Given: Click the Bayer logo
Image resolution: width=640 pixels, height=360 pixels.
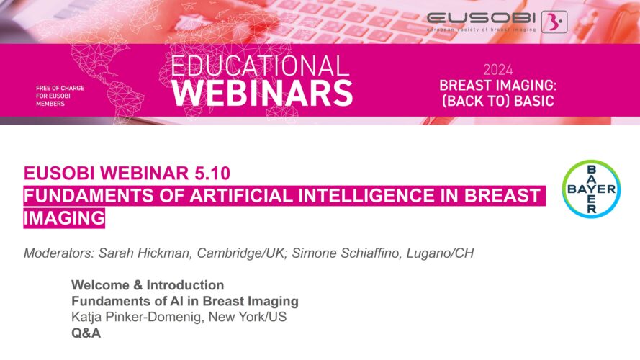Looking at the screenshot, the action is coord(592,189).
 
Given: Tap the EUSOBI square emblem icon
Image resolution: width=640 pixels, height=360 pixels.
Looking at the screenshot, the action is coord(554,22).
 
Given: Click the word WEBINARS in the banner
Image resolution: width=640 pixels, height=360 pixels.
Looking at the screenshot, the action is coord(262,93).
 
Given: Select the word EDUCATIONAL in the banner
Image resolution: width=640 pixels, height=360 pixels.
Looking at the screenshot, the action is coord(260,66).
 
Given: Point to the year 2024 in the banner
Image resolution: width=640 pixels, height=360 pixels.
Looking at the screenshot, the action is coord(497,70).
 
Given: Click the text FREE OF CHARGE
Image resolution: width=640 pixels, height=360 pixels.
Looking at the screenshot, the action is coord(60,88).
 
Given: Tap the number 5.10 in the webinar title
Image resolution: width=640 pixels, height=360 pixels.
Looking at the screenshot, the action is coord(212,173).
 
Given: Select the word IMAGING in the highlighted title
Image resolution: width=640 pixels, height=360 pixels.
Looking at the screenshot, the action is coord(64,217).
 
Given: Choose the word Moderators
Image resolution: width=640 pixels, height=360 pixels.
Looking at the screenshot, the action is coord(59,253).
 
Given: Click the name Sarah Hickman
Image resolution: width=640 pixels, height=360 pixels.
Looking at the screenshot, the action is coord(145,253).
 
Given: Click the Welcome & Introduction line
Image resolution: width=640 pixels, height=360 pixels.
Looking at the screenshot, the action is coord(148,285).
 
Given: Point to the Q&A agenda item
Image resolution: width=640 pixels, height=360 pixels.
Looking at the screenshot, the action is coord(86,333).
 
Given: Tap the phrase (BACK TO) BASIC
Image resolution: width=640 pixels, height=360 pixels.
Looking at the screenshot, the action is coord(498,101).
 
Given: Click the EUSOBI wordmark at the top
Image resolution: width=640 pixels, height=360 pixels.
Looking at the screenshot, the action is coord(481,18).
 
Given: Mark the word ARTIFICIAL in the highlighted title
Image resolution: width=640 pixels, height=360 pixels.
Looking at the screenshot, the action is coord(242,196).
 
